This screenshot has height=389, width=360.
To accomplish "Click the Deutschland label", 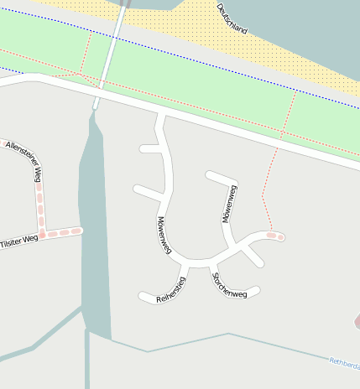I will pyautogui.click(x=232, y=18).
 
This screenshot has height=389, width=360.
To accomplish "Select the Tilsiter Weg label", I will pyautogui.click(x=18, y=239).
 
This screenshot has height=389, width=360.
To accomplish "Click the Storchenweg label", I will pyautogui.click(x=229, y=285).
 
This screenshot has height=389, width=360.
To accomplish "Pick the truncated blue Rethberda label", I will pyautogui.click(x=344, y=363).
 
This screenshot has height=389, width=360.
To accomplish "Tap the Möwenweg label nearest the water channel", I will pyautogui.click(x=164, y=235).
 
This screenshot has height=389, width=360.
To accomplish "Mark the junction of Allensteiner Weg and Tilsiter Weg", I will pyautogui.click(x=43, y=232).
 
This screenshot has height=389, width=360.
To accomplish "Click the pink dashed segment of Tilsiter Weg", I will pyautogui.click(x=67, y=231).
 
